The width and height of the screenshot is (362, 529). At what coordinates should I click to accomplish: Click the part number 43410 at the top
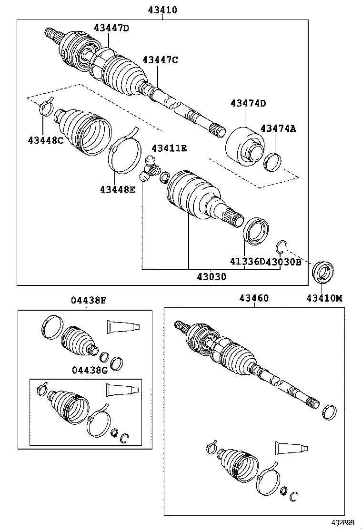coord(162,10)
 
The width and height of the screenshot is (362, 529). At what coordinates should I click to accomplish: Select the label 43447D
coord(111,28)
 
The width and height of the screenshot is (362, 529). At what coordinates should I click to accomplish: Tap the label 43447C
coord(160,60)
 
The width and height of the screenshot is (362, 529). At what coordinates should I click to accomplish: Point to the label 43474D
coord(248,103)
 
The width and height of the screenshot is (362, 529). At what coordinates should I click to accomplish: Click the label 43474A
coord(278,128)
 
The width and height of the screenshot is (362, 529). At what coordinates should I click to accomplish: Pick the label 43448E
coord(118,190)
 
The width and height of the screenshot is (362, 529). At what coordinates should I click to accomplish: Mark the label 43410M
coord(324,298)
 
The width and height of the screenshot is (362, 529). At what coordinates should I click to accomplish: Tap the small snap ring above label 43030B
coord(282,246)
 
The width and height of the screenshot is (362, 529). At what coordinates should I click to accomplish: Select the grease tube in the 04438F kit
coord(123,326)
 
